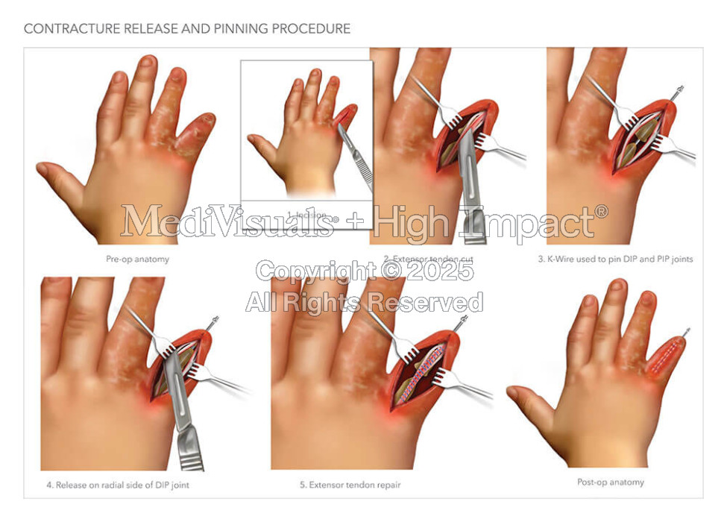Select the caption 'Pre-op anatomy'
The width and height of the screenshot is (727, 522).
(x=137, y=260)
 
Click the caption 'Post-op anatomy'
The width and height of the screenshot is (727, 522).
(x=611, y=482)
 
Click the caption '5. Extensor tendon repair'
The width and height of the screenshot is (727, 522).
(x=350, y=485)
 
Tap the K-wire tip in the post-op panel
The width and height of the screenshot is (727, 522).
(x=687, y=330)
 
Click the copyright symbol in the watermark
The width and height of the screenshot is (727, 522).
(x=389, y=270)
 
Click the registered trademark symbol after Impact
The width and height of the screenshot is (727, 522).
(x=601, y=212)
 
